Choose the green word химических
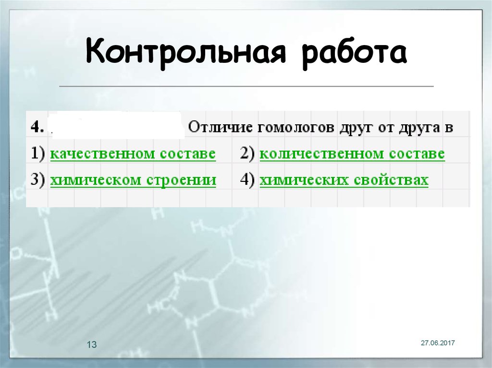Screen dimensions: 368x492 pyautogui.click(x=303, y=180)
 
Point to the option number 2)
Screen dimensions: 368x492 pyautogui.click(x=248, y=154)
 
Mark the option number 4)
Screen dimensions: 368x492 pyautogui.click(x=248, y=180)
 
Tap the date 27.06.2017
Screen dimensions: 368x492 pyautogui.click(x=438, y=343)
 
